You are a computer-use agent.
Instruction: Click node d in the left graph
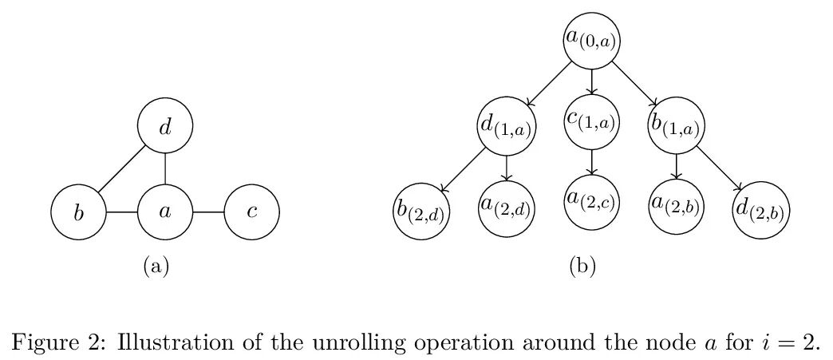165,126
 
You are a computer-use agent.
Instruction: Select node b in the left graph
78,212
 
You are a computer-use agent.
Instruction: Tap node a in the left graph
165,212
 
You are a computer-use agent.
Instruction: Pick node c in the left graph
251,212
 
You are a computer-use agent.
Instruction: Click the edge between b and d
121,169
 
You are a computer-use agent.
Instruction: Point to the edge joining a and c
208,212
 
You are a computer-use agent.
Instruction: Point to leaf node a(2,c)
591,202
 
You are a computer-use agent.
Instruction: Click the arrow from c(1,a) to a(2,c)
591,162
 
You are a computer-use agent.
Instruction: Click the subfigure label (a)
156,266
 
